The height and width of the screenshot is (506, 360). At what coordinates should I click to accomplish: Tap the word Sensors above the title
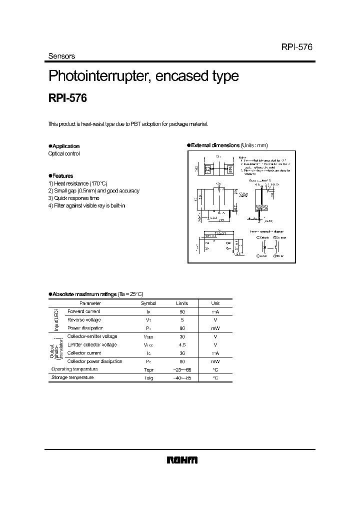pyautogui.click(x=61, y=56)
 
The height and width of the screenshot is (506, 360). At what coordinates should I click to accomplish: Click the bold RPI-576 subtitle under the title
pyautogui.click(x=67, y=98)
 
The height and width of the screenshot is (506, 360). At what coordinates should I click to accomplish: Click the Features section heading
pyautogui.click(x=62, y=176)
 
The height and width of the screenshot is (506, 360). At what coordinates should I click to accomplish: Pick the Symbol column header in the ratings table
pyautogui.click(x=148, y=303)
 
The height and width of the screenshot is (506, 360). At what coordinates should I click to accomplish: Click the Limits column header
pyautogui.click(x=181, y=303)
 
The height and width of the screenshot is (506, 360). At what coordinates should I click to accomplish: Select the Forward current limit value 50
pyautogui.click(x=182, y=311)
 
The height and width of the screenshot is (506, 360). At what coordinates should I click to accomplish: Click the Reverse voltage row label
pyautogui.click(x=84, y=319)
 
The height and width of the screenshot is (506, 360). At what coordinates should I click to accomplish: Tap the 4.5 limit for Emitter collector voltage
pyautogui.click(x=182, y=344)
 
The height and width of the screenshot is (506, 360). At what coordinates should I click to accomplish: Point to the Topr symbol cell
pyautogui.click(x=148, y=369)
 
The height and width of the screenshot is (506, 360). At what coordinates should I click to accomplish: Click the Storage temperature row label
pyautogui.click(x=72, y=377)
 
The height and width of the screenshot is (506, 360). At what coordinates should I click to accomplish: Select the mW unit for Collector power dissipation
pyautogui.click(x=215, y=361)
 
